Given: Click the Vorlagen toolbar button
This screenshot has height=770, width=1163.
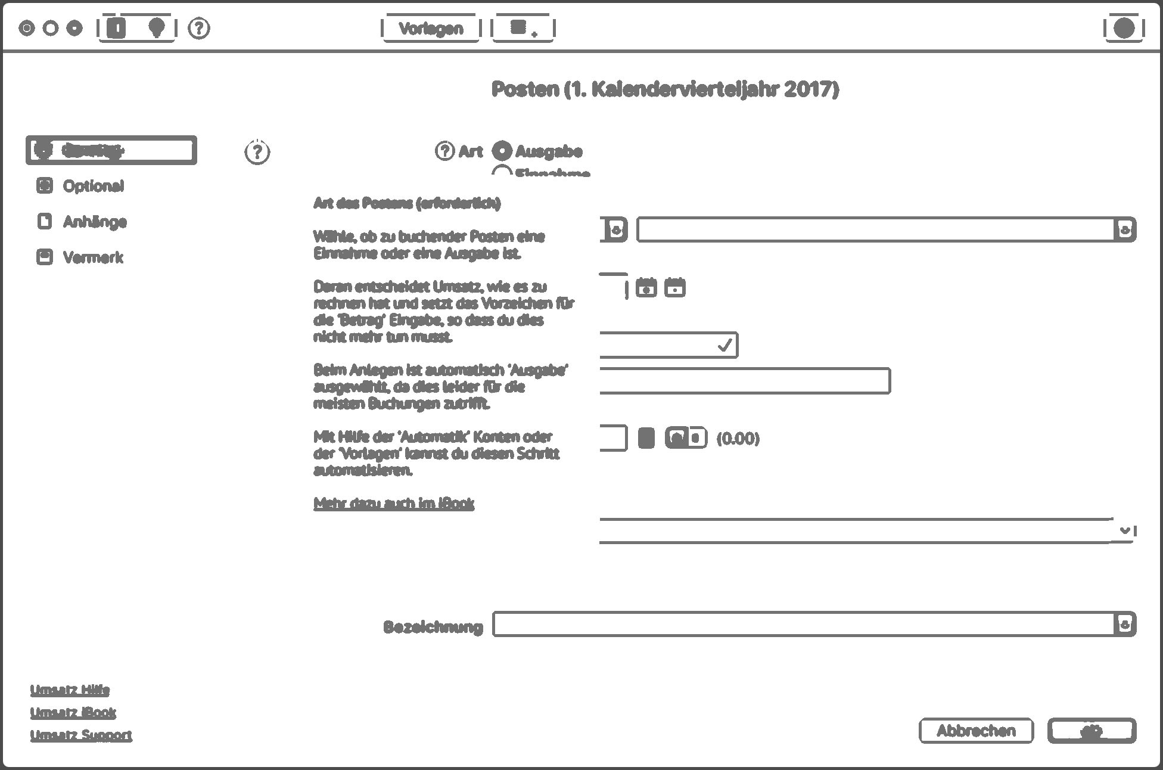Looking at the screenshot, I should [431, 29].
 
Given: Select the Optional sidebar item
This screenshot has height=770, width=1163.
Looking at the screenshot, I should [93, 186].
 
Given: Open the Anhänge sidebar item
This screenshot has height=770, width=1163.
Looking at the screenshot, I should [94, 222].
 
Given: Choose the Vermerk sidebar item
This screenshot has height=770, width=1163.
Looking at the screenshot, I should [93, 257].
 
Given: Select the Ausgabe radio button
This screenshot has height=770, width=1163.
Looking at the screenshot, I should [502, 151].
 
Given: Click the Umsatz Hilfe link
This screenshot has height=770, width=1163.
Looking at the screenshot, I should [70, 690].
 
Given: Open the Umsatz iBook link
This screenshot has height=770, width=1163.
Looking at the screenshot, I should [73, 713].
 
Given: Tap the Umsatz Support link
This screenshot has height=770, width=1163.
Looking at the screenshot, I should [81, 735].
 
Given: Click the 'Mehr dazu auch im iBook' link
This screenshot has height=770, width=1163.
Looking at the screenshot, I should [394, 504].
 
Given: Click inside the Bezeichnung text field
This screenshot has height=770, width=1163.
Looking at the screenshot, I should [803, 625].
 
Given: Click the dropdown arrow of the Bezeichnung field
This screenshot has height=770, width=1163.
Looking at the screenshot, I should [1125, 625].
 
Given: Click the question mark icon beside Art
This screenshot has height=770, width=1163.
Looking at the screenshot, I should [444, 151].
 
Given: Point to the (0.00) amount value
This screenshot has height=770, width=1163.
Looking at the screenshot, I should [738, 439].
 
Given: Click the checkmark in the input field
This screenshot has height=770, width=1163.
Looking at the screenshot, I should [724, 345].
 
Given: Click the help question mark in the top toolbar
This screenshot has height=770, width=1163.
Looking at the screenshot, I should [199, 28].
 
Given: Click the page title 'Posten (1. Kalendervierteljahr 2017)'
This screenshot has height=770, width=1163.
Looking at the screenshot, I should [665, 89].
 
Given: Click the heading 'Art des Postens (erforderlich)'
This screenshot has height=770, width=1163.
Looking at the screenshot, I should [407, 203].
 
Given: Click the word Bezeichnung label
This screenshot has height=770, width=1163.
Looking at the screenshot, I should [433, 627].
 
